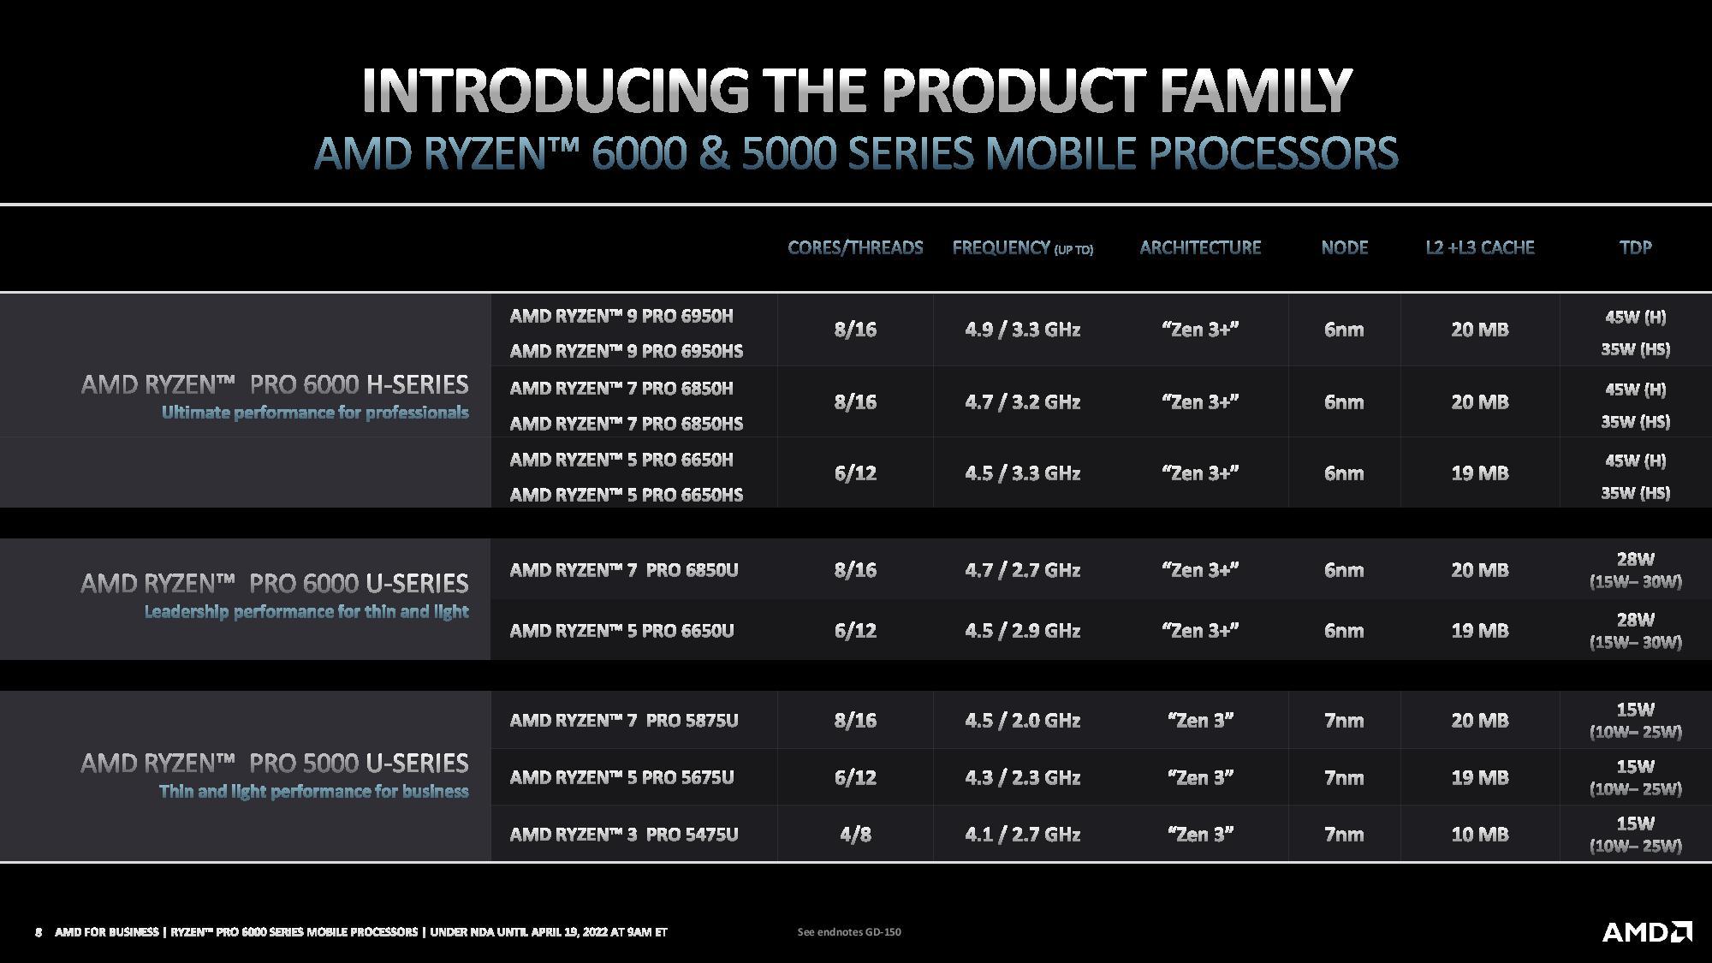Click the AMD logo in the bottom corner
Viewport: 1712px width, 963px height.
click(x=1646, y=931)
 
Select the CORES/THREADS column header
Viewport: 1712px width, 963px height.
click(x=855, y=247)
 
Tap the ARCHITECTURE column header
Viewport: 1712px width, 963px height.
click(x=1200, y=247)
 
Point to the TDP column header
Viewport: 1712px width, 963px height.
click(x=1635, y=247)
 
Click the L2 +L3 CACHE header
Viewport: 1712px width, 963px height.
click(x=1479, y=247)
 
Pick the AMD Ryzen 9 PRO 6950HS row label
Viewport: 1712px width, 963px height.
click(x=626, y=351)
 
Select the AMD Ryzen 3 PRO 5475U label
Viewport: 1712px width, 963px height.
click(x=623, y=834)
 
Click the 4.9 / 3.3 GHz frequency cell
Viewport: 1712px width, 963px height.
click(x=1022, y=330)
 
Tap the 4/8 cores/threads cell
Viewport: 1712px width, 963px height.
click(x=855, y=834)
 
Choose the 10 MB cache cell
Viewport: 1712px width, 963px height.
click(x=1479, y=834)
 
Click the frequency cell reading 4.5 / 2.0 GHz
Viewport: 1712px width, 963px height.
click(x=1022, y=720)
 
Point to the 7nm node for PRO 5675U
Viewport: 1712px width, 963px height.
click(x=1344, y=777)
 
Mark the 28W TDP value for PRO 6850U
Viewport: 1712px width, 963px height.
click(x=1635, y=560)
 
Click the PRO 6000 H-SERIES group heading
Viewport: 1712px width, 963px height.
click(x=275, y=384)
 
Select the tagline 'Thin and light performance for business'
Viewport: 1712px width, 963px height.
click(x=313, y=791)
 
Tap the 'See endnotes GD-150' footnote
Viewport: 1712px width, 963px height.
click(x=848, y=931)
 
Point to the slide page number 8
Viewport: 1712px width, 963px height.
click(x=39, y=931)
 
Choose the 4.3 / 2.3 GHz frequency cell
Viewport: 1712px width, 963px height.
click(x=1022, y=777)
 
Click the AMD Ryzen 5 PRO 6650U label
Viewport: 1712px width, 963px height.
click(x=621, y=631)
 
